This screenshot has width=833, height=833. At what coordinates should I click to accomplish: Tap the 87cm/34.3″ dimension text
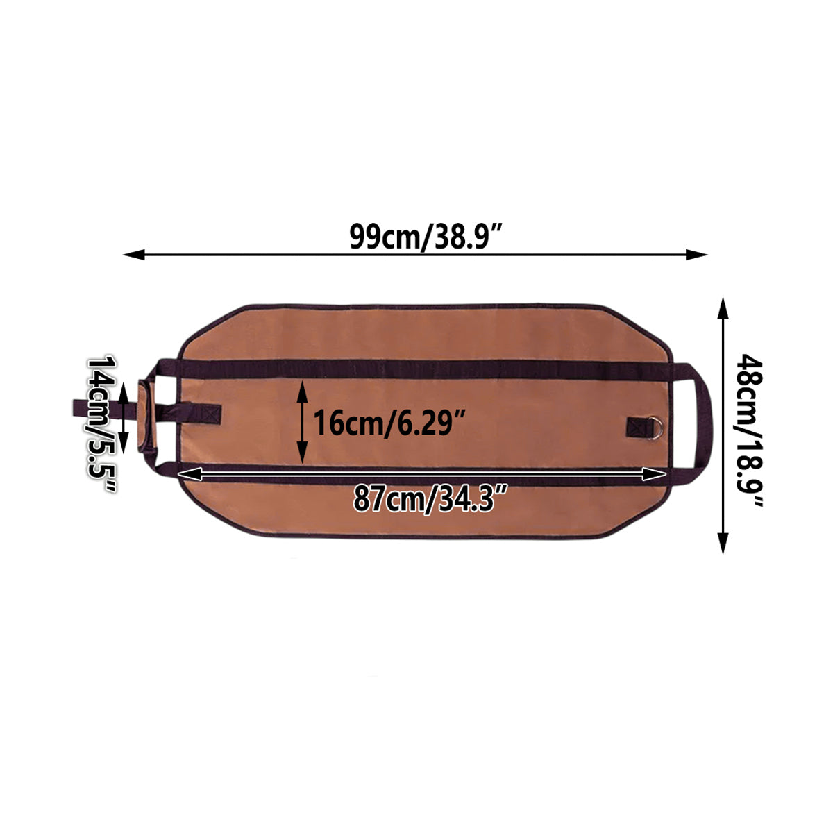pos(430,498)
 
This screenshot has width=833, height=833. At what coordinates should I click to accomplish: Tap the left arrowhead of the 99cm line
pos(134,255)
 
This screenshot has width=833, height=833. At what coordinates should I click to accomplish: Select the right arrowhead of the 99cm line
pos(696,255)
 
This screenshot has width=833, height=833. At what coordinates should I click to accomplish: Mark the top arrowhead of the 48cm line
pos(723,308)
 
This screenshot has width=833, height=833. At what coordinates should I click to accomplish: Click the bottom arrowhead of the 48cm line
pos(723,544)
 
